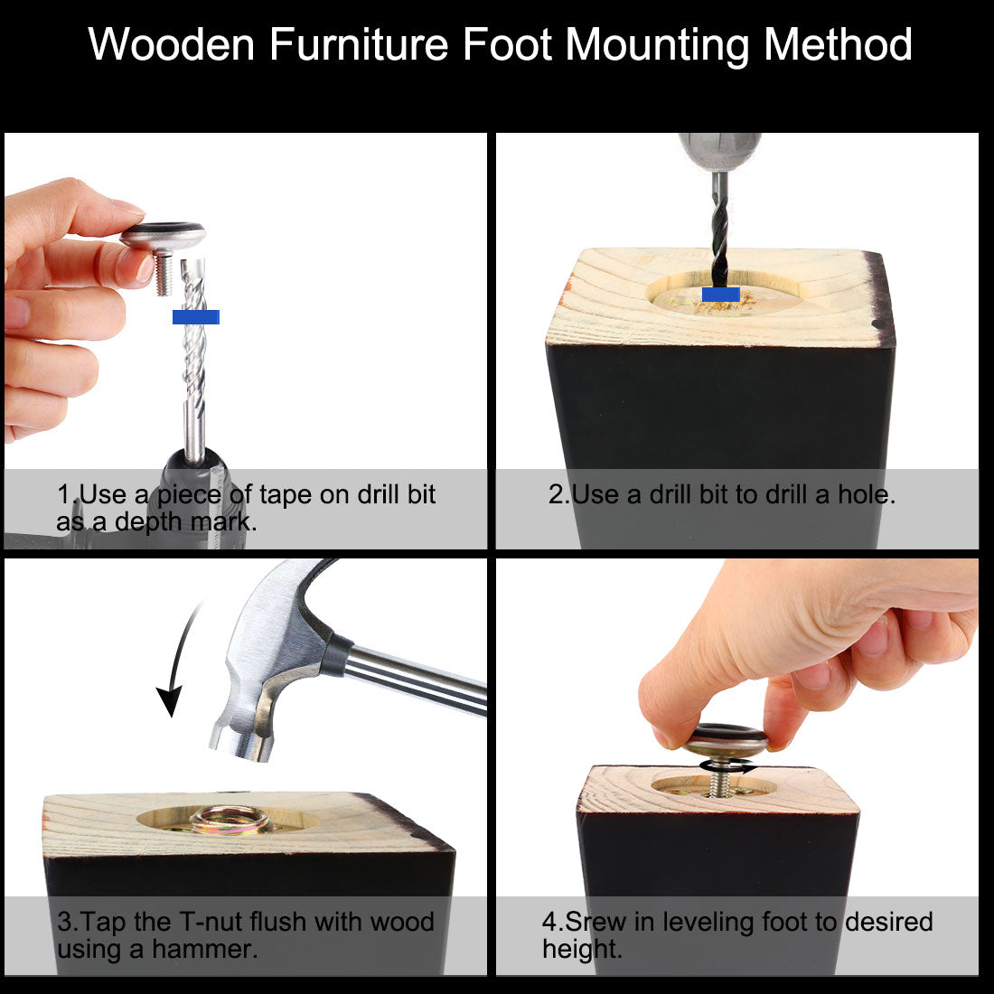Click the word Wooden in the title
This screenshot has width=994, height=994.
[x=171, y=44]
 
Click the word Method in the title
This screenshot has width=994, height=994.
[x=838, y=44]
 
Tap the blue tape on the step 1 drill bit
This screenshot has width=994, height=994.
[x=196, y=317]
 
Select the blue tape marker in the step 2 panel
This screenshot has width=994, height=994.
[x=721, y=295]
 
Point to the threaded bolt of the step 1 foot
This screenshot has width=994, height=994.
[x=164, y=274]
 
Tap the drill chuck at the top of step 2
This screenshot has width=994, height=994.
[x=719, y=152]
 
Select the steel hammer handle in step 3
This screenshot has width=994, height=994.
[x=416, y=681]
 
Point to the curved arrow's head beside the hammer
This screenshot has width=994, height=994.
[x=170, y=700]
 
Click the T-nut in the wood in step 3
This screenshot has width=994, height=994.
[x=232, y=819]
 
